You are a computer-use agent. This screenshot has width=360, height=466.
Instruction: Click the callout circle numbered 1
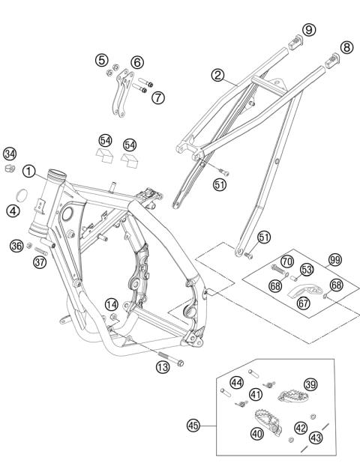click(28, 172)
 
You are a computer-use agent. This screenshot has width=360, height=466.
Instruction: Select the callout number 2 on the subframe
click(217, 75)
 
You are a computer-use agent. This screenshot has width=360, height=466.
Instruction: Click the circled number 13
click(162, 366)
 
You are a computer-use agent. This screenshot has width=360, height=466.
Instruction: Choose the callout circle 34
click(10, 154)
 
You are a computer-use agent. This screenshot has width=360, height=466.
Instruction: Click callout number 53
click(306, 269)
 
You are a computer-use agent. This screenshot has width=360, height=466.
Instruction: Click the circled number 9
click(309, 29)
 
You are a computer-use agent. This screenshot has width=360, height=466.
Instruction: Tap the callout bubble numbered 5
click(102, 60)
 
